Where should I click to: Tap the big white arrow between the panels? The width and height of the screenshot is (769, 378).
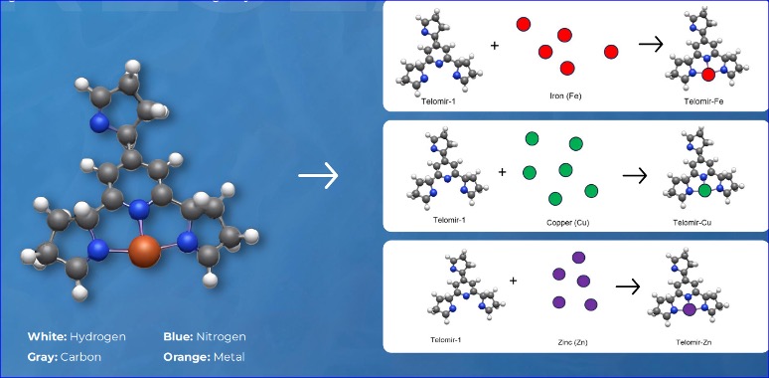(318, 177)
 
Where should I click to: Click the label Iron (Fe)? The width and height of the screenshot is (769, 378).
(563, 98)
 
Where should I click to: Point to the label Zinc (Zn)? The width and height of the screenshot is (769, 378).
(566, 342)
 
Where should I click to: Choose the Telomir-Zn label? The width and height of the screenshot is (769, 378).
(697, 342)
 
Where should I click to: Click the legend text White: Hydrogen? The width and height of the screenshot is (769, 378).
(77, 336)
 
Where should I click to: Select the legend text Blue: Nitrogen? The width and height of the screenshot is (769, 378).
(204, 336)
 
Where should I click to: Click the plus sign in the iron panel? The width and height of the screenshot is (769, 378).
(496, 46)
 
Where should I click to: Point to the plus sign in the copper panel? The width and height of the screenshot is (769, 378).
(502, 171)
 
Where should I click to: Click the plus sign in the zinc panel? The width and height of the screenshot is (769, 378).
(513, 281)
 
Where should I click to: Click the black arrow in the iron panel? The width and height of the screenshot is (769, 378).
(651, 45)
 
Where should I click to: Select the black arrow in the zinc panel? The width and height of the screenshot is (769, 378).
(626, 286)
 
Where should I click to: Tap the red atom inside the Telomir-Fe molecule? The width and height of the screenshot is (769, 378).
(707, 75)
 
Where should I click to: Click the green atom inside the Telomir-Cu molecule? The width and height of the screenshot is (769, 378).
(704, 190)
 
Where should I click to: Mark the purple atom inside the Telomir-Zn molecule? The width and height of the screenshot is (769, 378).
(688, 310)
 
